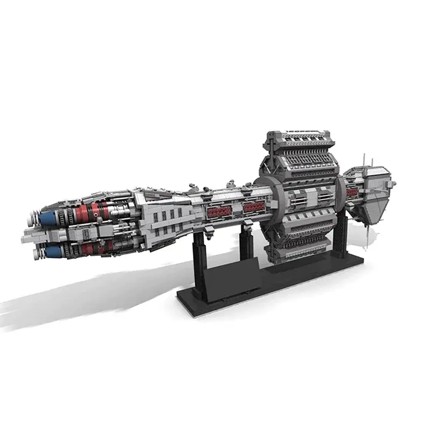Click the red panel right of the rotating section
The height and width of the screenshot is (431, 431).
tap(352, 192)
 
